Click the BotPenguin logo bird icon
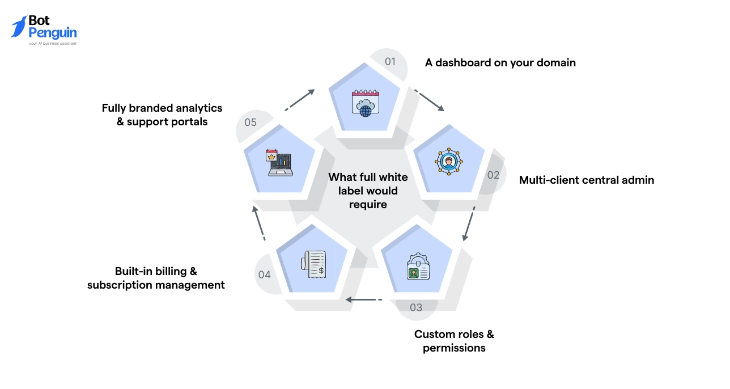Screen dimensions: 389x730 19,27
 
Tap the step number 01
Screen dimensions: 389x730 391,61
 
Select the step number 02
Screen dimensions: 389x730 494,175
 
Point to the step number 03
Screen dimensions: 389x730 416,307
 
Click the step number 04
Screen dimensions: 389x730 265,275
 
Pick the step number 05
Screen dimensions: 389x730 251,122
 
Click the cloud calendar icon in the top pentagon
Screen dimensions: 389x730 366,103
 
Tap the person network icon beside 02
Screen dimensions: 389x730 449,161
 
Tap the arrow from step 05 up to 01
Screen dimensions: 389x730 300,99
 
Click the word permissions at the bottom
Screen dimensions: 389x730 454,348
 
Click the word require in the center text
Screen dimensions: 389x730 368,204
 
